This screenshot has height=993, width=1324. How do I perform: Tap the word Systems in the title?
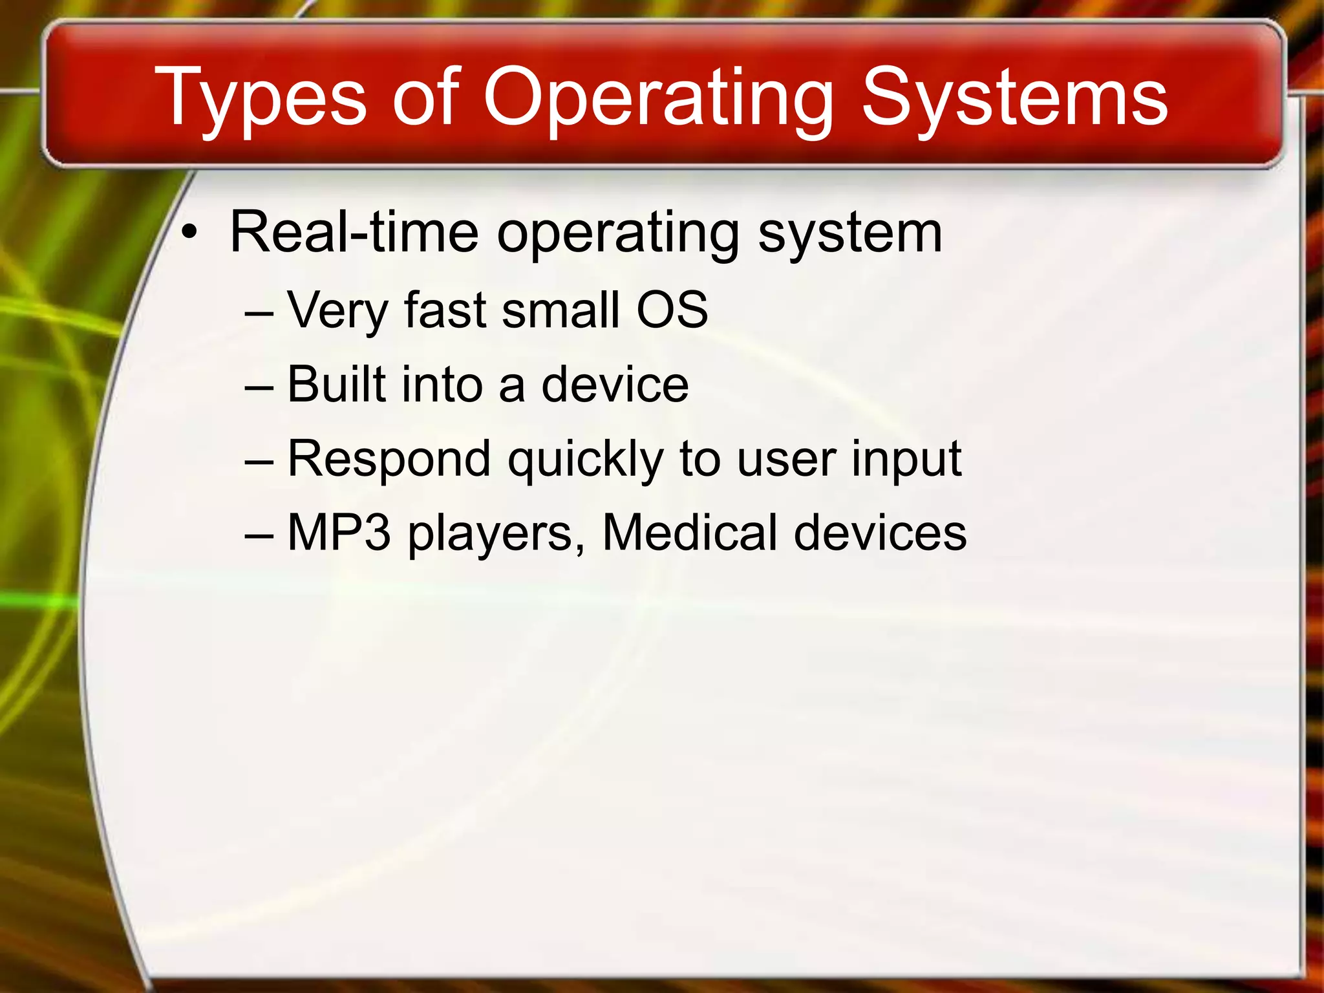(x=1014, y=98)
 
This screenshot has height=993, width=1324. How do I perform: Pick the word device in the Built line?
(x=615, y=384)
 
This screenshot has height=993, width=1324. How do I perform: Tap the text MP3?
(x=339, y=533)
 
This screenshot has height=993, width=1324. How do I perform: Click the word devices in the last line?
(x=880, y=533)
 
